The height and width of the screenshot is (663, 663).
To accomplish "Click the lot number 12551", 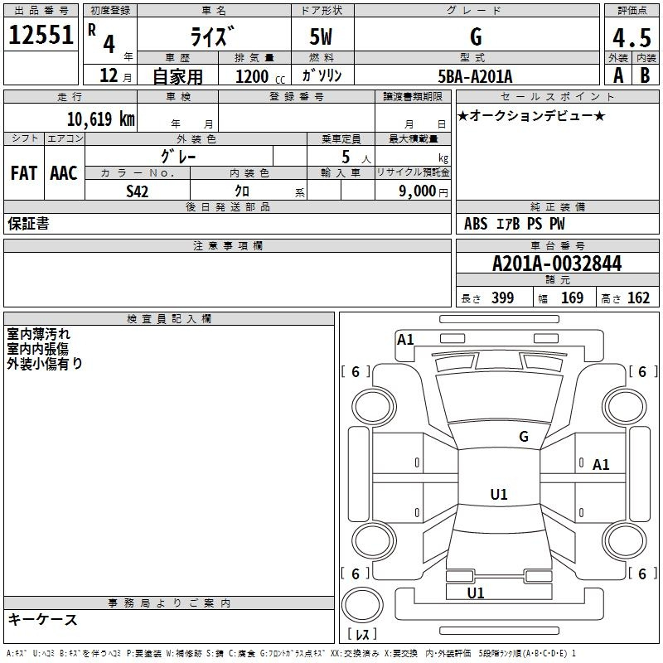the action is click(x=41, y=35).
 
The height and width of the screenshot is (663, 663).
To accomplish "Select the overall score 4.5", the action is click(x=632, y=38).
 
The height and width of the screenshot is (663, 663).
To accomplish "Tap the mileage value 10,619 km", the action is click(x=101, y=119).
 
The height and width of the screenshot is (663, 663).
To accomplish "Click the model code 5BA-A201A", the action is click(x=475, y=76).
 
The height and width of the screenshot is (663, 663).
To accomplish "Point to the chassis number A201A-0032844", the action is click(x=557, y=264).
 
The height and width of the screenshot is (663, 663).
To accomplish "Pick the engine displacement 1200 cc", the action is click(x=260, y=76).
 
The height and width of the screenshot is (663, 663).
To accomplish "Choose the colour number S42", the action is click(x=138, y=191).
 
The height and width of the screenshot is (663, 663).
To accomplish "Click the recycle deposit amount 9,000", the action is click(x=418, y=191).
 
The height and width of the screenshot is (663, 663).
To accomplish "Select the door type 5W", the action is click(x=321, y=36).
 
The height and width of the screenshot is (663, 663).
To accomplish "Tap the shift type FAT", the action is click(x=24, y=173).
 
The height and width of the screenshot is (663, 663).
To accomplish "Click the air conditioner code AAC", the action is click(x=64, y=173).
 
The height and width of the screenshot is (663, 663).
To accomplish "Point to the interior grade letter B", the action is click(x=645, y=75).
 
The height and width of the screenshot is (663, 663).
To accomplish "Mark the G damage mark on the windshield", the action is click(x=524, y=437).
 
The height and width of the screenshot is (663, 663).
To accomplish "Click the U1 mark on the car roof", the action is click(x=499, y=494).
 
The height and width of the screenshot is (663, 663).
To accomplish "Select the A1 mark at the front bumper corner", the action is click(x=405, y=340).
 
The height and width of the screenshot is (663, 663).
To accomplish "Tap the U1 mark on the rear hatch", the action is click(x=476, y=593).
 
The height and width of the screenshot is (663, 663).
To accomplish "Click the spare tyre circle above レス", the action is click(x=362, y=605).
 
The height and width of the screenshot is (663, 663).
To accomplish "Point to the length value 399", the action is click(x=502, y=298).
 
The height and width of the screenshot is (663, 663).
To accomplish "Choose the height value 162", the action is click(x=638, y=298).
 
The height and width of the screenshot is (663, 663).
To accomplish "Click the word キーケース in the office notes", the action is click(x=43, y=620).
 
